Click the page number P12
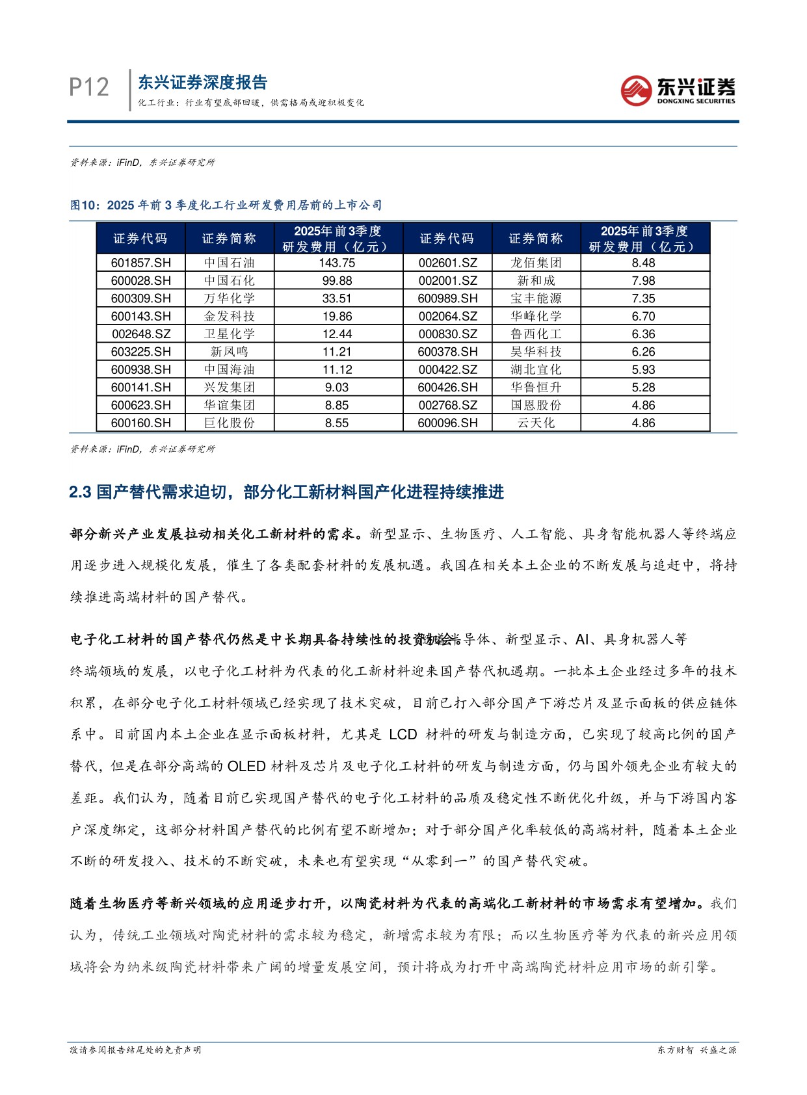pos(89,87)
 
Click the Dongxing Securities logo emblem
pos(635,90)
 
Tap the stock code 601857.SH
pos(140,263)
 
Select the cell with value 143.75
pos(337,263)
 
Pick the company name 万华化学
pos(229,298)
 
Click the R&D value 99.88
pos(337,281)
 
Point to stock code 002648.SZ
pos(140,334)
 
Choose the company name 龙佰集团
pos(536,263)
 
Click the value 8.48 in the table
pos(643,263)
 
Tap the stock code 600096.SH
pos(447,423)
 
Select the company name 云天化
pos(536,423)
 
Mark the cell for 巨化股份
pos(229,423)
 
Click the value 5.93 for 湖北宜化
pos(643,369)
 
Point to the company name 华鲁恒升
pos(536,388)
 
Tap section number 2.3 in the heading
pos(80,492)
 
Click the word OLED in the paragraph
pos(246,766)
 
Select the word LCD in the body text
pos(403,734)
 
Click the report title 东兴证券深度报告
pos(202,83)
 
